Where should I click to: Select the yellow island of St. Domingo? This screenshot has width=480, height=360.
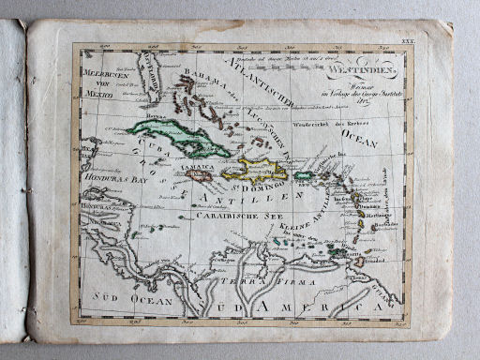[262, 171]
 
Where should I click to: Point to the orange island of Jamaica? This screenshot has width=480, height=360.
[199, 175]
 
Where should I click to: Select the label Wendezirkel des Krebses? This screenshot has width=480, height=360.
[327, 125]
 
